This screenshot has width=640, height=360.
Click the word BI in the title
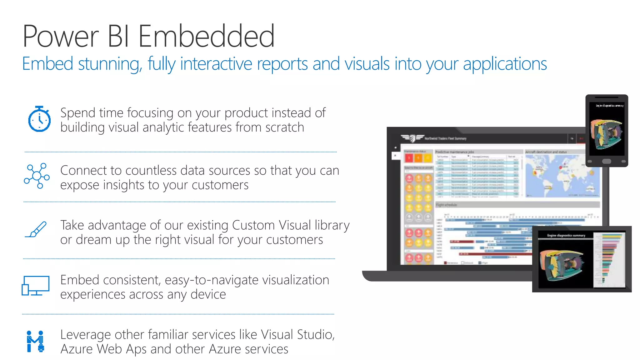(118, 36)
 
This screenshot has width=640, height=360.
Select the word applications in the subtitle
(505, 64)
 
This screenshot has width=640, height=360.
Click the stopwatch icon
(39, 119)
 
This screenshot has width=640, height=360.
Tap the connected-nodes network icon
(37, 176)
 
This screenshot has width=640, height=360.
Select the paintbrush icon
(36, 230)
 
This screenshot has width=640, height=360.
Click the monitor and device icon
(35, 286)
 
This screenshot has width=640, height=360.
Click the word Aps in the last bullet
(136, 349)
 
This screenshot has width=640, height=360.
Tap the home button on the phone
(607, 161)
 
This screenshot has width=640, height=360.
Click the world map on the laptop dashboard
(562, 175)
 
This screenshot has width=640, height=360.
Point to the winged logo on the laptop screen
(412, 138)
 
